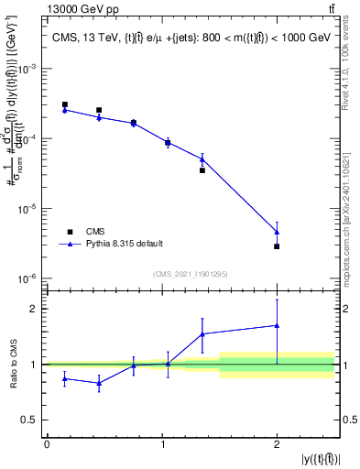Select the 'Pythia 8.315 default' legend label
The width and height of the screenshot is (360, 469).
pos(125,244)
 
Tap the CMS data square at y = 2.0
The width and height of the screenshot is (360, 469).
pos(277,246)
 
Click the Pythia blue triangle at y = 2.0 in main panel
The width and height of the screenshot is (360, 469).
pos(277,232)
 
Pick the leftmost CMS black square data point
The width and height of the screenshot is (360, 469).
pos(65,104)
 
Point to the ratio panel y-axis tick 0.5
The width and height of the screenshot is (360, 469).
pos(34,420)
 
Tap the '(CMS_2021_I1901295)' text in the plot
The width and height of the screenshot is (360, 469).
pos(190,274)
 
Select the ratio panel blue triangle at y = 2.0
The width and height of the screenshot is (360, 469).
pos(277,325)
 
